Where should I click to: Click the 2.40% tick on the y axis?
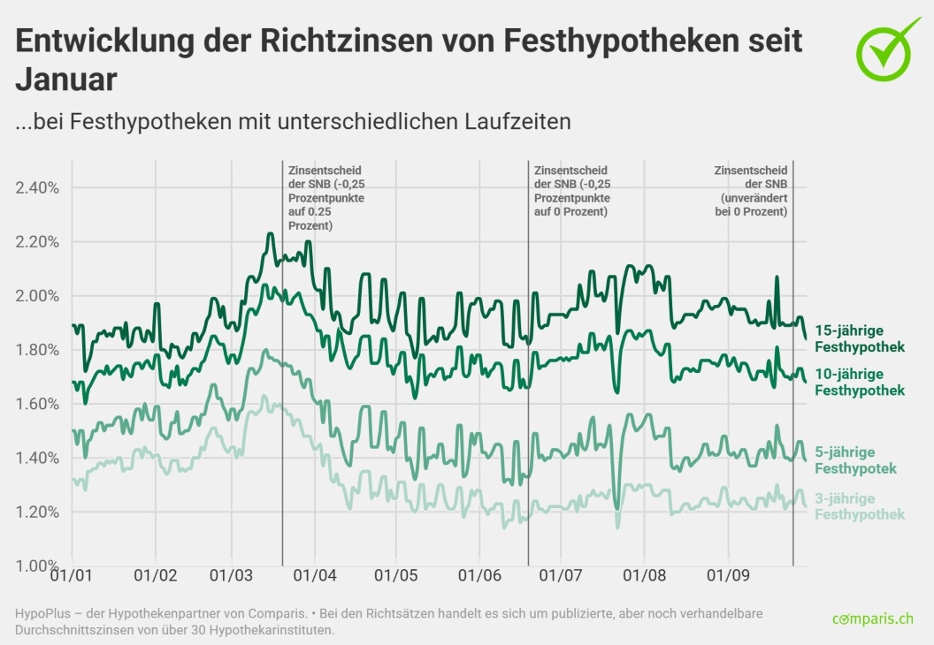tap(37, 187)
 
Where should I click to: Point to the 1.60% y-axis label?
tap(37, 404)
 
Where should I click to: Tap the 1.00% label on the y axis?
tap(37, 565)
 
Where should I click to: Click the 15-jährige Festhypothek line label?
tap(859, 338)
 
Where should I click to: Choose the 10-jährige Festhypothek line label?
tap(859, 382)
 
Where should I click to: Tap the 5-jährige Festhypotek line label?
tap(855, 459)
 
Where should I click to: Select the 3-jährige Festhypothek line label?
tap(859, 506)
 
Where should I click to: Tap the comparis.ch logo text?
tap(872, 619)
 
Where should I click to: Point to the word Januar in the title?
tap(66, 80)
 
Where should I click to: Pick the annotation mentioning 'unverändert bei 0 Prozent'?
tap(751, 192)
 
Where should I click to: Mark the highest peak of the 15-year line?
tap(270, 234)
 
